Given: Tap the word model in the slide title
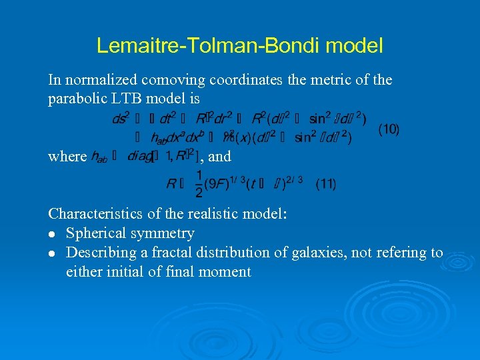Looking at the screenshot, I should click(x=359, y=45).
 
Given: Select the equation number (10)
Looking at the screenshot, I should click(x=389, y=129).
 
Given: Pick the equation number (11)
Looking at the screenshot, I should click(x=326, y=183).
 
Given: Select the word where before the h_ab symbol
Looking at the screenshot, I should click(x=67, y=157).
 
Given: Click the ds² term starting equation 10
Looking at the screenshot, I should click(x=120, y=119).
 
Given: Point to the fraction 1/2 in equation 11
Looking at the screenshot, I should click(x=198, y=183).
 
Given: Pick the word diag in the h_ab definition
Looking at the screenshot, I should click(x=139, y=157).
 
